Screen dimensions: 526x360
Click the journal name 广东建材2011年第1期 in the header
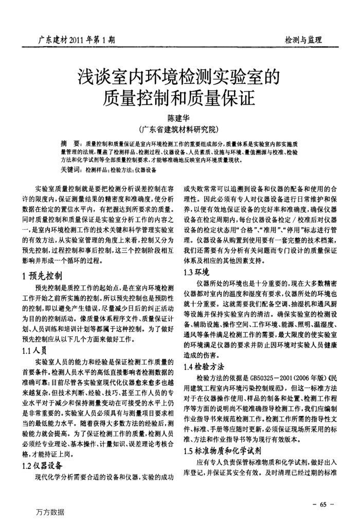pos(77,39)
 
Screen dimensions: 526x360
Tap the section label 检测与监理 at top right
pos(303,40)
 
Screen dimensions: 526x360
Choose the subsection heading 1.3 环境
pos(196,271)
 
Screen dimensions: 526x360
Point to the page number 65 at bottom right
pos(322,504)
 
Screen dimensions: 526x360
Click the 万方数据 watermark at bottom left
pos(50,512)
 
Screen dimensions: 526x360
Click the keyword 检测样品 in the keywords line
pos(96,170)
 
